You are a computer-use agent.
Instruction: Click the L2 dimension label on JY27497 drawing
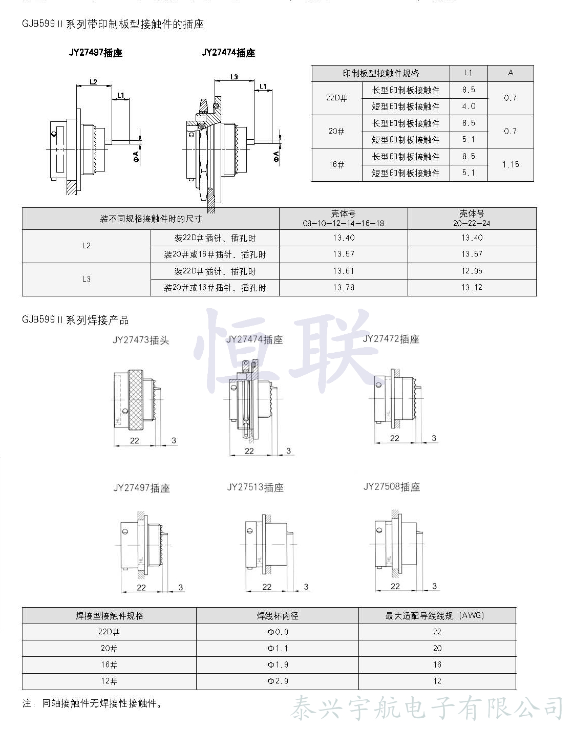[93, 81]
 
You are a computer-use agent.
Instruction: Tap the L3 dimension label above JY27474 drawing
[234, 77]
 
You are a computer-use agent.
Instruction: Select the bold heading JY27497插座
[96, 53]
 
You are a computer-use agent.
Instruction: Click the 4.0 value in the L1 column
[469, 106]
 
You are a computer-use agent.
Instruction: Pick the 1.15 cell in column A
[511, 165]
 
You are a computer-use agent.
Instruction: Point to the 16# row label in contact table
[336, 165]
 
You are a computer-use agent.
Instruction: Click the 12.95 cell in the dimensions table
[472, 271]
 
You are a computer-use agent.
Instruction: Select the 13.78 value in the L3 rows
[344, 288]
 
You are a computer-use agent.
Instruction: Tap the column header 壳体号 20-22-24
[472, 218]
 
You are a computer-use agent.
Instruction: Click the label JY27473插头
[141, 340]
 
